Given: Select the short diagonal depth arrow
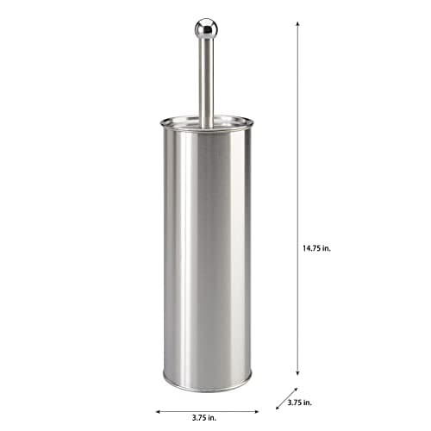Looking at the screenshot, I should tap(285, 399).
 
